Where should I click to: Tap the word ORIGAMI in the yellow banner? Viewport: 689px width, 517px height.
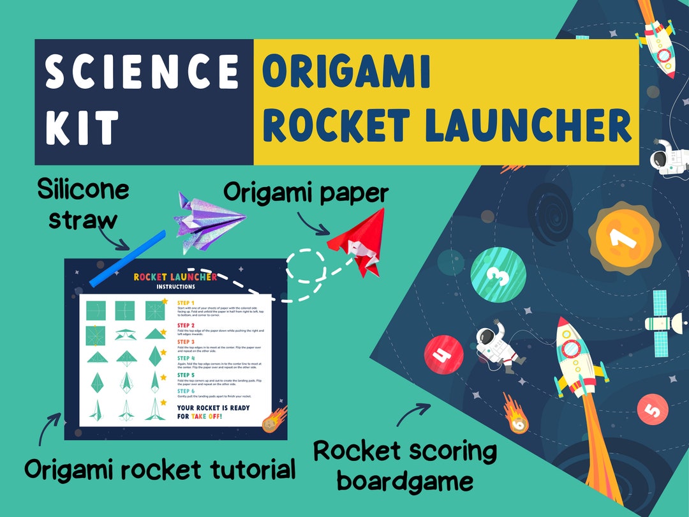(346, 71)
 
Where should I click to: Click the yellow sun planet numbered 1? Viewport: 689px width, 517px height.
(618, 237)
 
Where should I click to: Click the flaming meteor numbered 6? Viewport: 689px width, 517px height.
(516, 415)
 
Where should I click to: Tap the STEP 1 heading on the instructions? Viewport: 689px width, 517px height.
(186, 303)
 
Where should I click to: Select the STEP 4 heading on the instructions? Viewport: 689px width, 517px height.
(186, 358)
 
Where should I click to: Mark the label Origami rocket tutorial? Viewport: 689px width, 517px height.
(160, 470)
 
